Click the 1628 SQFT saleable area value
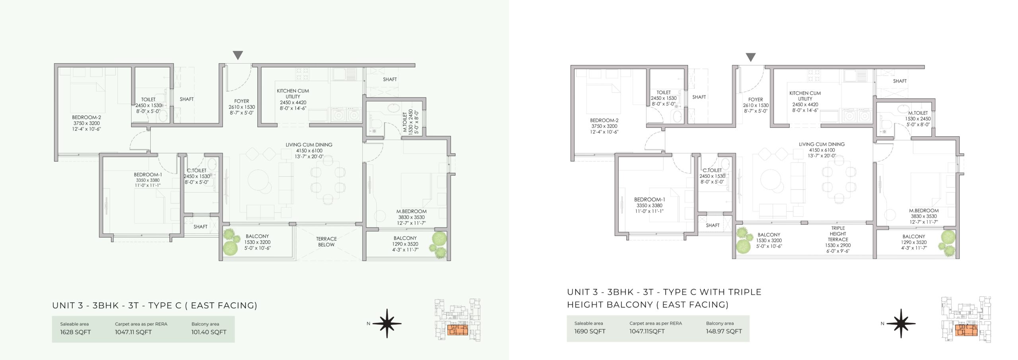pos(76,332)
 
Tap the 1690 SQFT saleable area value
pos(590,331)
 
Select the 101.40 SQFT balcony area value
pos(209,332)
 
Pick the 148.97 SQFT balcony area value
pos(724,331)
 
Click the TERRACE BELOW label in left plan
pos(326,242)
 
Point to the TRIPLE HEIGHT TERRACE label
pos(838,234)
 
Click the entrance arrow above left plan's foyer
pos(238,55)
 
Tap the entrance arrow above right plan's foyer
pos(750,57)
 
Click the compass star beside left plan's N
pos(387,323)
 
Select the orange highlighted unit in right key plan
pos(966,330)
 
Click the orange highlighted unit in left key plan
pos(457,330)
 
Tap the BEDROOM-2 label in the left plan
pos(86,117)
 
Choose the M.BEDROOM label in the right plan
pos(924,211)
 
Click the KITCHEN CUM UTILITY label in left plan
pos(293,93)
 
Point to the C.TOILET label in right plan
pos(712,170)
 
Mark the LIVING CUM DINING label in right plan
pos(822,144)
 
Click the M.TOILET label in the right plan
pos(918,113)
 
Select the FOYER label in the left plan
pos(242,101)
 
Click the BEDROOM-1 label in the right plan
pos(649,200)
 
